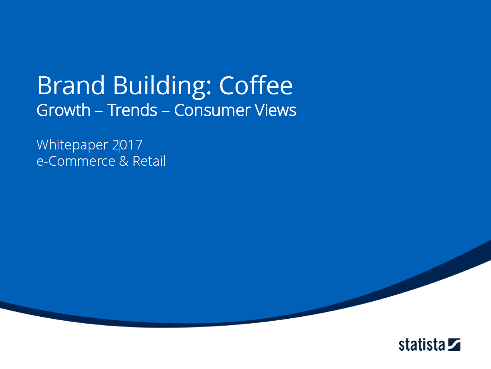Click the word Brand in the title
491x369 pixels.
pos(71,85)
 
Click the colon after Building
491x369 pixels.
pos(209,88)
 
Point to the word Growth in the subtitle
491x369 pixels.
pos(63,110)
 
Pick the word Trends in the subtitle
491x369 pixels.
pos(132,110)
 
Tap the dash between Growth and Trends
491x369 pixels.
pos(99,111)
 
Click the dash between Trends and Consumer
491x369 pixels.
pos(166,111)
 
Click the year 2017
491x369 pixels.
pos(127,145)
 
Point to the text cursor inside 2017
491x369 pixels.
pos(120,146)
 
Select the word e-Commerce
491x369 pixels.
pos(76,161)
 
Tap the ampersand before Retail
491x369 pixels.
pos(124,161)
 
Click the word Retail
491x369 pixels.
pos(149,161)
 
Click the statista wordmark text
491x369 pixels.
pos(422,345)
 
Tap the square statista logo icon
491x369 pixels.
pos(454,345)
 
